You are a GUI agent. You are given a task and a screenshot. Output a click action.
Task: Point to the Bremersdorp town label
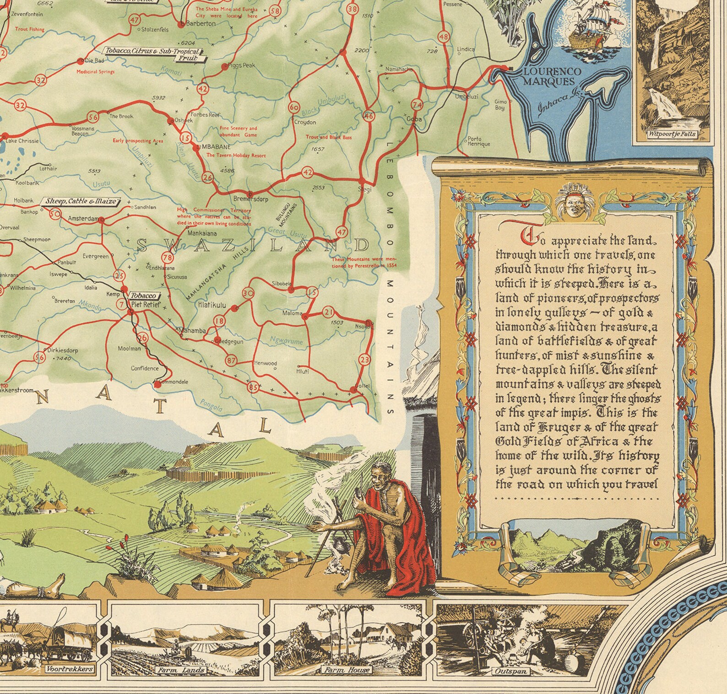click(x=251, y=199)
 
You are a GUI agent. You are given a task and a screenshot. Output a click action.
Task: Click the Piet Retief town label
click(x=146, y=304)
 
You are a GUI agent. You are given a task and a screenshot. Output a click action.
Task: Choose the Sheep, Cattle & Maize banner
click(x=81, y=201)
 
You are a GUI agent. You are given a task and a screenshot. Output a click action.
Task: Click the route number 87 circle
click(x=231, y=361)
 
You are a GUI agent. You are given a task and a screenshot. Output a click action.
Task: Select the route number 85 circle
click(x=253, y=387)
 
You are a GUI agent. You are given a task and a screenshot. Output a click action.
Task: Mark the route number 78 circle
click(x=167, y=259)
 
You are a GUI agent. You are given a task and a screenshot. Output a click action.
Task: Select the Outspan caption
click(x=510, y=672)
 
